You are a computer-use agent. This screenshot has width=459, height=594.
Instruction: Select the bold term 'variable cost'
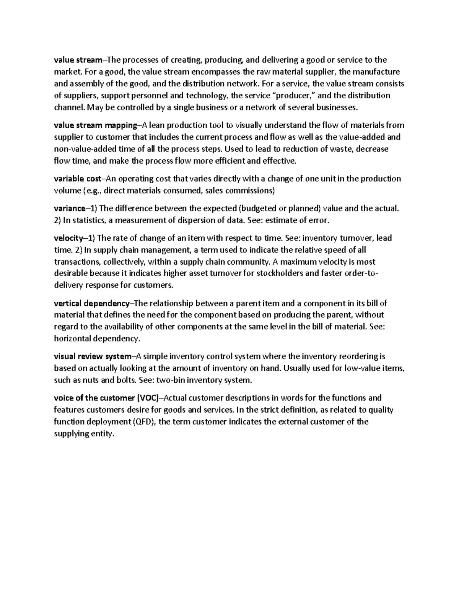pos(77,179)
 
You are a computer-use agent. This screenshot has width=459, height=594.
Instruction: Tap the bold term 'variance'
pos(70,208)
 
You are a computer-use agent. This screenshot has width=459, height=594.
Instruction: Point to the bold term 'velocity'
pos(68,238)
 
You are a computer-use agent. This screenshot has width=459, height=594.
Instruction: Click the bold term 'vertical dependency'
pos(92,303)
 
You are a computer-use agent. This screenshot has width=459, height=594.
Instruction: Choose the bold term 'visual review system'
pos(92,356)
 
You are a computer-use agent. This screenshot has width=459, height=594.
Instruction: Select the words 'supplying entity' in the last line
pos(84,434)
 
